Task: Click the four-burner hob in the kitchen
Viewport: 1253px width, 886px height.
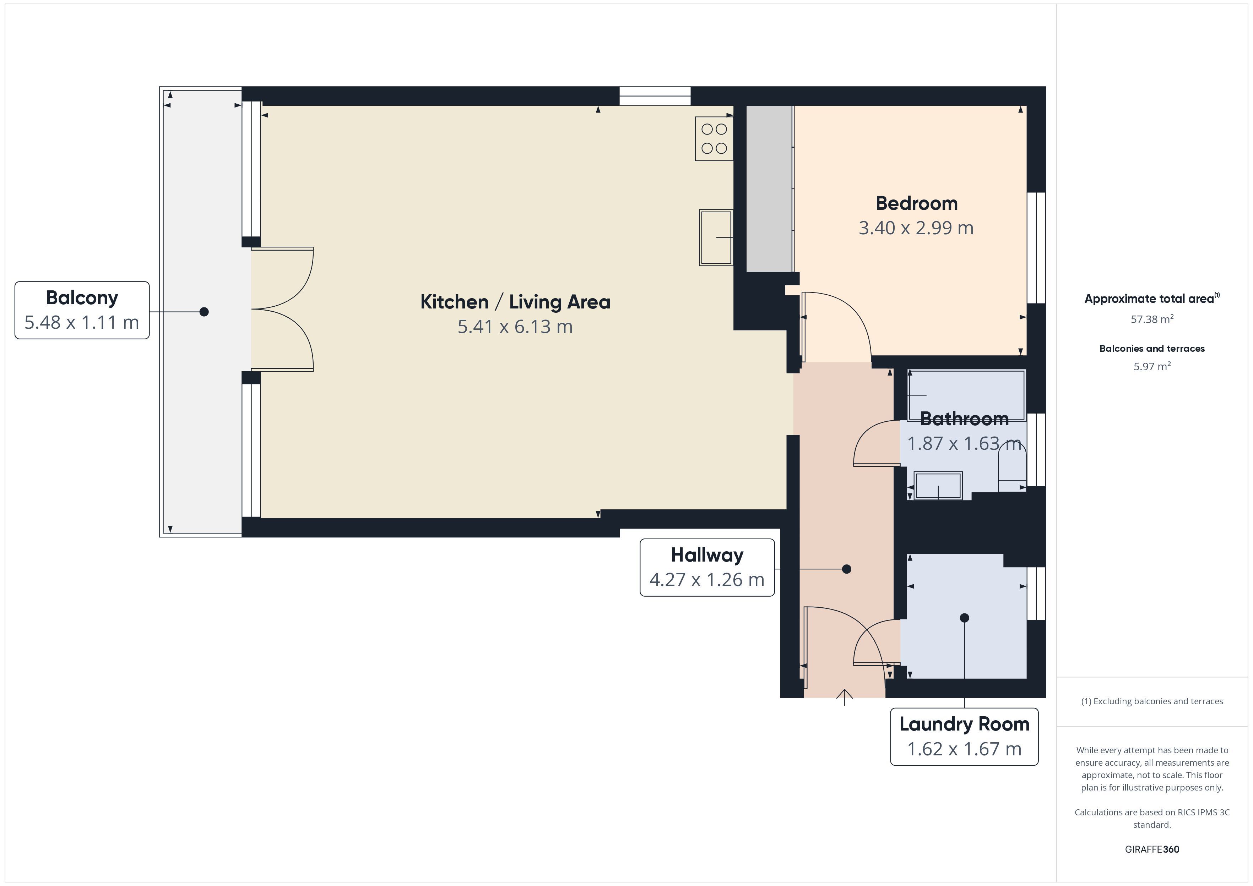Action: pos(714,138)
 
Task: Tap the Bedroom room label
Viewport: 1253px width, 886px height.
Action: pos(916,203)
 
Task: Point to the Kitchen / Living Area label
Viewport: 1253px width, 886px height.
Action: pos(515,302)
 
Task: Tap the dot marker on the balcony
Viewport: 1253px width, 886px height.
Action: pos(204,312)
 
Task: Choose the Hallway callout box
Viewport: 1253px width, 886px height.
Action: pos(707,567)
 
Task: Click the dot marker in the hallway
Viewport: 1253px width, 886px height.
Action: pos(846,569)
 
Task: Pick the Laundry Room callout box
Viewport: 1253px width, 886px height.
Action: pos(964,737)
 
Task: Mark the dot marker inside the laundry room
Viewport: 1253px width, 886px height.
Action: pos(964,618)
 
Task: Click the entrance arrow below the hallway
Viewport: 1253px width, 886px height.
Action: pos(845,697)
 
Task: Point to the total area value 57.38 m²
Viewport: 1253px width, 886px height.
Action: pos(1152,319)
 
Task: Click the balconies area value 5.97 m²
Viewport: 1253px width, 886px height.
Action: pos(1152,366)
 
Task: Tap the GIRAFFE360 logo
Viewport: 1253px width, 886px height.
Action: pos(1152,849)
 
